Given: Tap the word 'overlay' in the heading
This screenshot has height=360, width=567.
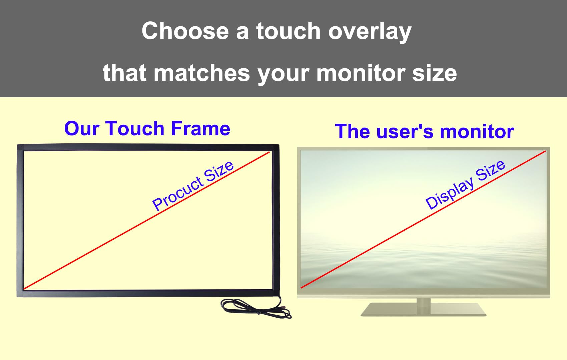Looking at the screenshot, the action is click(370, 32).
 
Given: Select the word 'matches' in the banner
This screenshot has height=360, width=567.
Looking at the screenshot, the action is click(202, 73).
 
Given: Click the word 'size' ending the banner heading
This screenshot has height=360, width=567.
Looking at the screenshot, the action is click(434, 73).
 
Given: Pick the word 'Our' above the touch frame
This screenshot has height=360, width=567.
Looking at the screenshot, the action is click(81, 129).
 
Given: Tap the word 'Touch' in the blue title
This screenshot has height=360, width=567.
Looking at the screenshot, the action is click(135, 129).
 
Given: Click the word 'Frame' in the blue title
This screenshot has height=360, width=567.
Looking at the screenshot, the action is click(200, 129).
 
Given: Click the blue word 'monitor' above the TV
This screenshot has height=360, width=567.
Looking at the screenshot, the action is click(477, 132).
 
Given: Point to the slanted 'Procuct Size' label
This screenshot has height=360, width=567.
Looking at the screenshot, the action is click(193, 186).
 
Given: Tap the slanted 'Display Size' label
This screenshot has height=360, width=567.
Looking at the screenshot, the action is click(465, 185).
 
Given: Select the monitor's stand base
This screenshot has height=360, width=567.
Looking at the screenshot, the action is click(424, 310).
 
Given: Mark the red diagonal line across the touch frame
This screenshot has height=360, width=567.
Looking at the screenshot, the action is click(146, 220).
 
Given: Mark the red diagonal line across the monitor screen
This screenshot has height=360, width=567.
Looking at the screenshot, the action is click(423, 220).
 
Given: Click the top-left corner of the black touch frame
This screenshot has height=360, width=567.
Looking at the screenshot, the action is click(17, 145).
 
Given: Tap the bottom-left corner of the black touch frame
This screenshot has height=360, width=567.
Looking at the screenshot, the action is click(17, 297).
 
